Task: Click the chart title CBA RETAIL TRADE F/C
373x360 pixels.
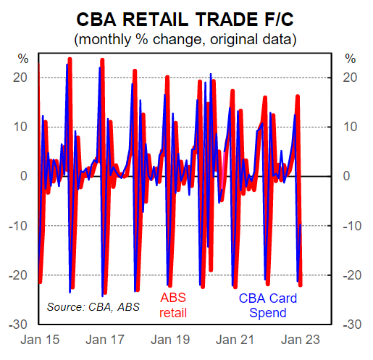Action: pos(185,17)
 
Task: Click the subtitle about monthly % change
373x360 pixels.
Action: pos(185,36)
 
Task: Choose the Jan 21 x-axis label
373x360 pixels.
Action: pos(238,339)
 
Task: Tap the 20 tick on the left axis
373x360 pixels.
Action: pos(21,77)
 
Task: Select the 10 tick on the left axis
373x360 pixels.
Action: pos(21,127)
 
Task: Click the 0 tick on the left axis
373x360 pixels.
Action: pos(24,176)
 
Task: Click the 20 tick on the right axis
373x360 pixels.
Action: pos(349,77)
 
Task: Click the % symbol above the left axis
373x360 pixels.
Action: pos(22,59)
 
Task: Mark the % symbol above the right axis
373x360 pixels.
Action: pos(351,59)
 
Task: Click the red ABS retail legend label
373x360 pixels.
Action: pos(173,306)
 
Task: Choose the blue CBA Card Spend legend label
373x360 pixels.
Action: pos(267,306)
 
